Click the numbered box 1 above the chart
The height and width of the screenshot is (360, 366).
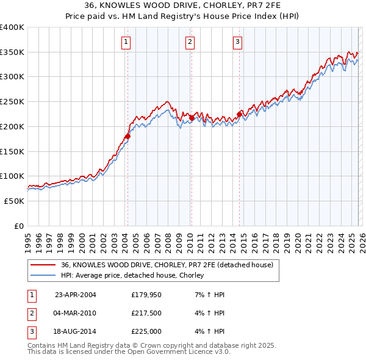[x=126, y=42]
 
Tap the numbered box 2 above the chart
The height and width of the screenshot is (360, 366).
[x=190, y=42]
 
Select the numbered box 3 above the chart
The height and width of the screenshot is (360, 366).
[x=237, y=42]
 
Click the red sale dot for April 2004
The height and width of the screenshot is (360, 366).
[x=127, y=136]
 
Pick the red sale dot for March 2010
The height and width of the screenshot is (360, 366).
[x=192, y=118]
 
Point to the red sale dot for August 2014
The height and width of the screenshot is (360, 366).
[x=240, y=113]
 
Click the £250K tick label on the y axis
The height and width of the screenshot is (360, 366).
[x=12, y=102]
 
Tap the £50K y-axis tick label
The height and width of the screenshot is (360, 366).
[x=15, y=201]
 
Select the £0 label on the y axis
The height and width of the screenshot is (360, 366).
[x=19, y=226]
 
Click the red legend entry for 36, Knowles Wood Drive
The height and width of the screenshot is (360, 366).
[x=170, y=265]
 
